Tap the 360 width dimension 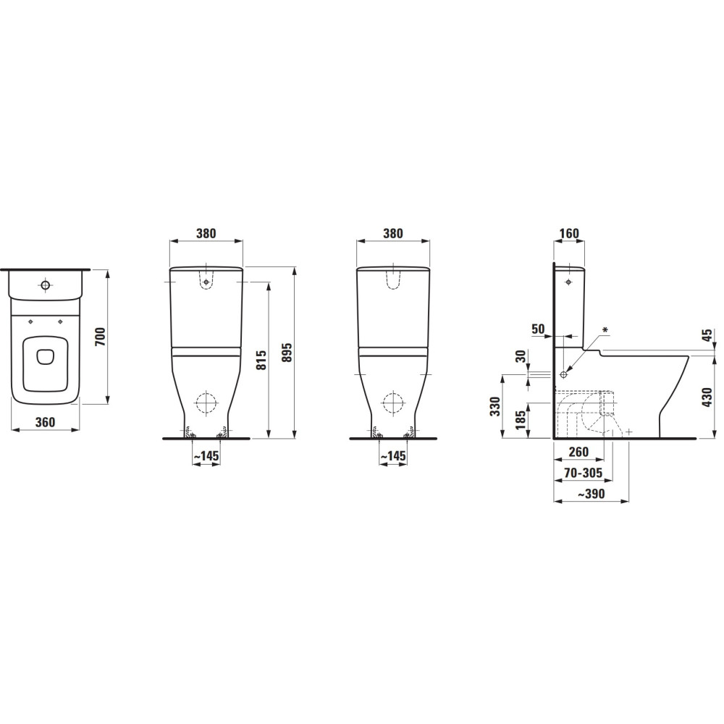coord(45,422)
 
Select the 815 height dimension coord(261,360)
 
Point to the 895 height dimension coord(287,353)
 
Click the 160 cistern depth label coord(569,234)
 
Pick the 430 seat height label coord(707,397)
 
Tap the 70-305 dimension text coord(584,473)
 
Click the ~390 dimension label coord(592,494)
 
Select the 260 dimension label coord(578,452)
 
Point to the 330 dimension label coord(495,406)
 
